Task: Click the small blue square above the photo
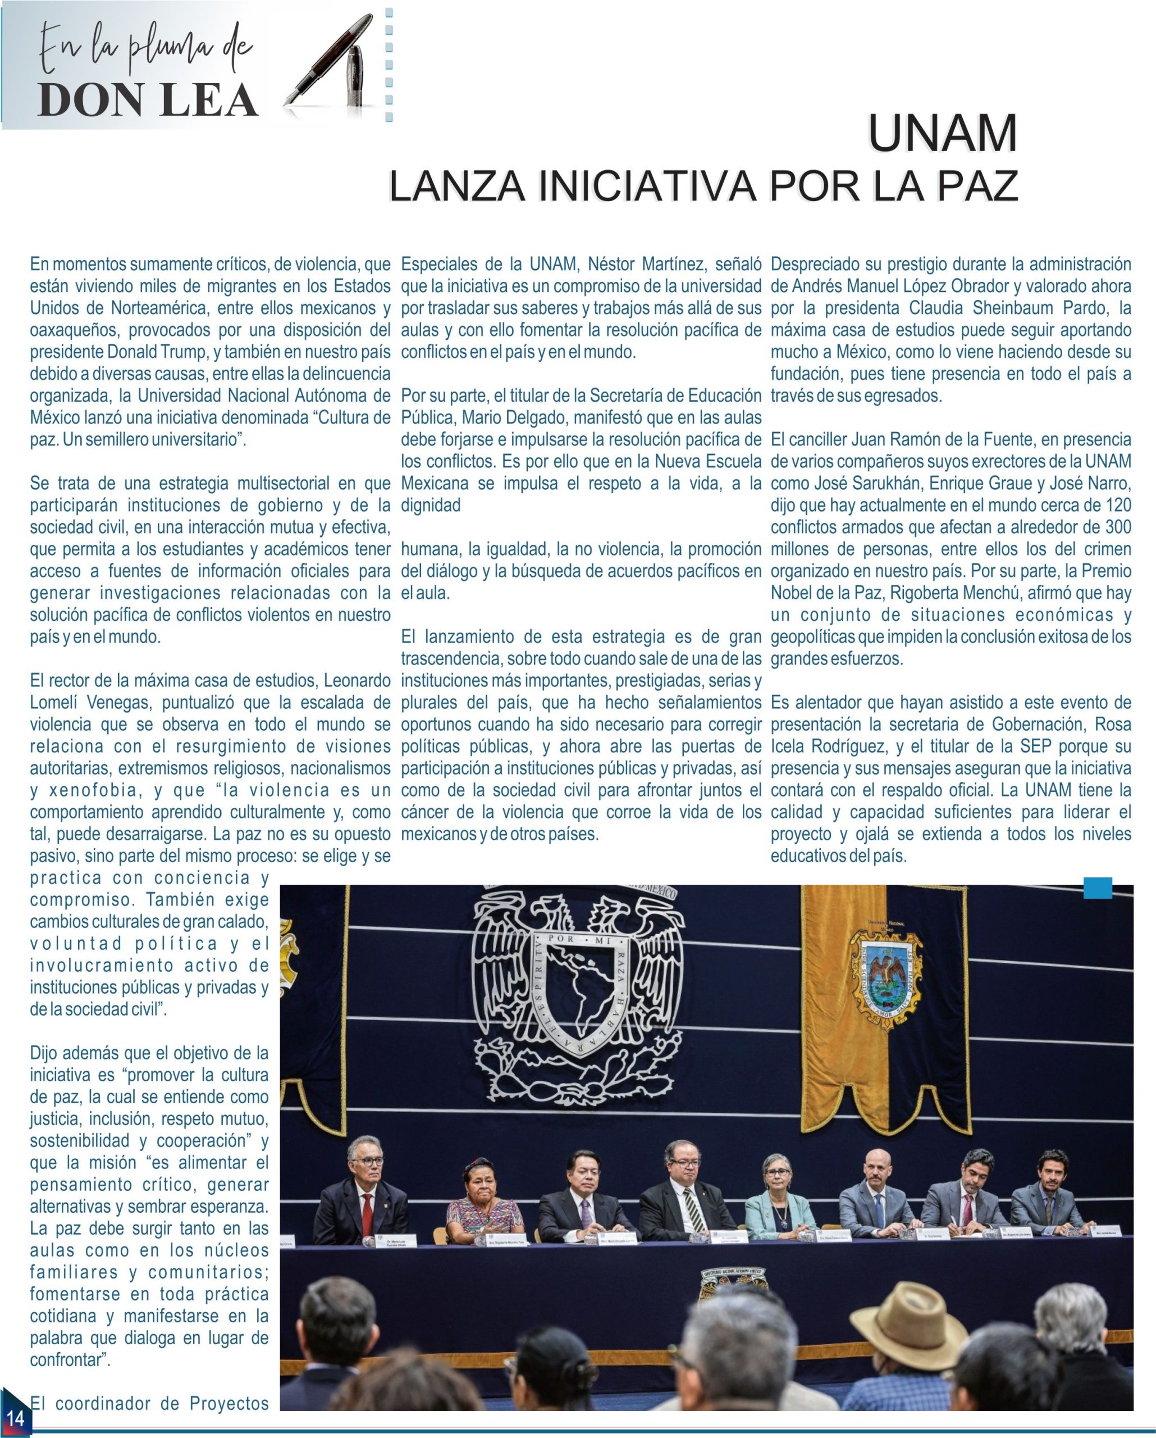coord(1098,888)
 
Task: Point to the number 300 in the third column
coord(1117,527)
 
